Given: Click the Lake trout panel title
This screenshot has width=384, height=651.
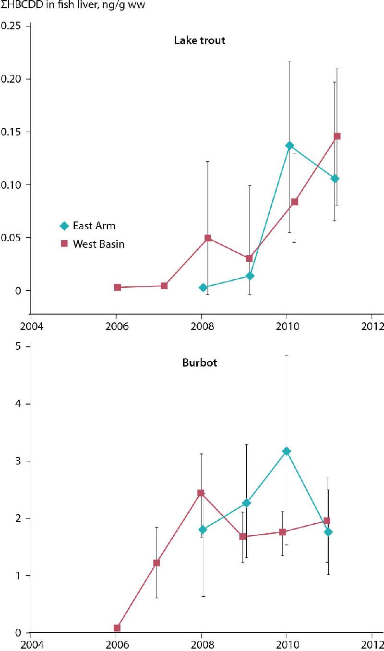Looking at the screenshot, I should coord(199,40).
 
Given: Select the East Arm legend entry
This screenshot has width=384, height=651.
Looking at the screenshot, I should coord(94,226).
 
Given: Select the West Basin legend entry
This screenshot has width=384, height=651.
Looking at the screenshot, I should coord(98,244).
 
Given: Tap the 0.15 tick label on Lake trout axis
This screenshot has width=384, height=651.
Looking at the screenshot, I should coord(13,132).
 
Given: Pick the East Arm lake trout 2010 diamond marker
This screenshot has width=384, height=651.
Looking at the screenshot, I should coord(289,145).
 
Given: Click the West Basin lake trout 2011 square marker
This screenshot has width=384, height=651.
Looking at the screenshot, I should coord(337,136).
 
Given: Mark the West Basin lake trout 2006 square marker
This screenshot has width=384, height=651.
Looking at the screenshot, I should coord(118,287).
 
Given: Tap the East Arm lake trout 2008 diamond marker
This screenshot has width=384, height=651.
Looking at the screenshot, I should coord(203,287).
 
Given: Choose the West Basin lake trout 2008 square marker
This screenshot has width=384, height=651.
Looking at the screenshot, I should coord(208,238).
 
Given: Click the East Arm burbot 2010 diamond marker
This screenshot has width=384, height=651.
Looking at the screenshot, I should coord(287,451).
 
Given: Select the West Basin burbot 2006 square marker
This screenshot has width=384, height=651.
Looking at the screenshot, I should coord(117,628).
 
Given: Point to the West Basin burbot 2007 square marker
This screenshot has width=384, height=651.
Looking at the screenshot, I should coord(156,563).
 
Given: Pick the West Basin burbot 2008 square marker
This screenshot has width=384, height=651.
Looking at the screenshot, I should coord(201,493).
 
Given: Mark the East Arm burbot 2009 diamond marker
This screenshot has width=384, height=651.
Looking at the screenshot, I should coord(246,503).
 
